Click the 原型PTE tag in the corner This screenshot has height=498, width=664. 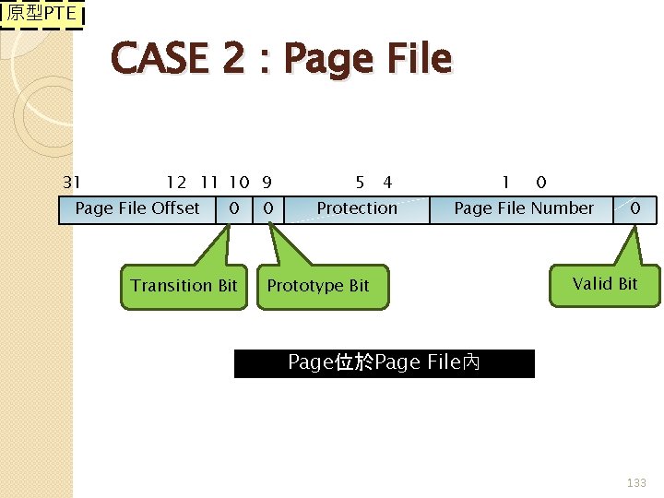coord(42,15)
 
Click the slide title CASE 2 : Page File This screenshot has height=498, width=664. coord(281,60)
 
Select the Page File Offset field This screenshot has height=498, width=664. coord(137,208)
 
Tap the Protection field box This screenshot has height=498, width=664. coord(357,208)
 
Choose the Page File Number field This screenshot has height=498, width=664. coord(523,208)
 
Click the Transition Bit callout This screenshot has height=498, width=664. coord(184,285)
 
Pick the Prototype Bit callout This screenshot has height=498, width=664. coord(318,286)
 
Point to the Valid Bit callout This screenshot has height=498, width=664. coord(605,284)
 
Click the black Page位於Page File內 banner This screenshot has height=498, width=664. coord(384,363)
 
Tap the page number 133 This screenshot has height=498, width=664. coord(636,482)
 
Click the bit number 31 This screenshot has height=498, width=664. coord(71,183)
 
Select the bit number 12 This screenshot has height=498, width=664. coord(176,183)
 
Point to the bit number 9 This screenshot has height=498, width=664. coord(267,183)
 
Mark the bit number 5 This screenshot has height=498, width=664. coord(360,183)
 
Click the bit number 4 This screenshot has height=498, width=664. coord(387,183)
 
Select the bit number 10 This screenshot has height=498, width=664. coord(238,183)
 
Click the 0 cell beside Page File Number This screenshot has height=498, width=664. coord(634,208)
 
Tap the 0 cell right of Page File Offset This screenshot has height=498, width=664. coord(234,208)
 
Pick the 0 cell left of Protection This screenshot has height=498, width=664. coord(267,208)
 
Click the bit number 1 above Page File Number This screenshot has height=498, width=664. coord(505,183)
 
